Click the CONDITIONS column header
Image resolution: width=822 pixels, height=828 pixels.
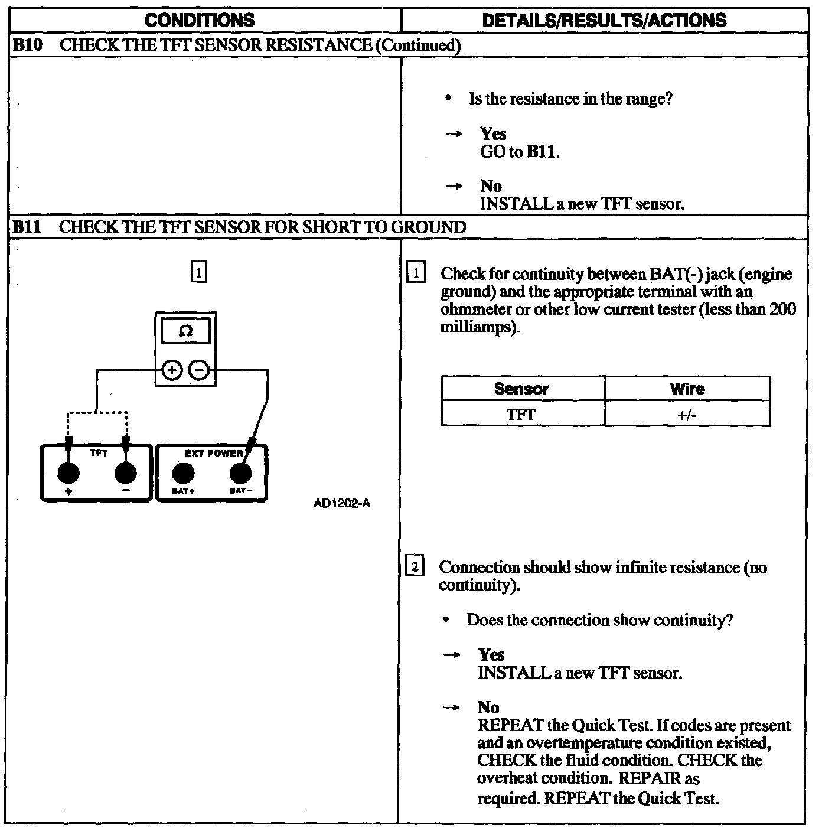tap(200, 21)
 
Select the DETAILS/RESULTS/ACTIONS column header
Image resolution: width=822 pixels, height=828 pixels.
tap(604, 21)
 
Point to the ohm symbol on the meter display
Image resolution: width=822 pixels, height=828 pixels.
tap(185, 331)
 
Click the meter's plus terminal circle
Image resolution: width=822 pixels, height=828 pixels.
tap(172, 371)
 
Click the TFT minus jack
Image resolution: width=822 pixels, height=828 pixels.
tap(125, 474)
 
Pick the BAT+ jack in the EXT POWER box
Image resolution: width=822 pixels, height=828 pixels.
tap(183, 474)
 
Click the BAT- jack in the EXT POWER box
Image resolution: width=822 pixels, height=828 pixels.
tap(240, 474)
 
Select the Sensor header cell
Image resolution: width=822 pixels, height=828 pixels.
tap(522, 389)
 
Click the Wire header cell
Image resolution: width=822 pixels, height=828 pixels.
tap(687, 389)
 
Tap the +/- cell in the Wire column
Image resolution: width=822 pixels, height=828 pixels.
tap(687, 415)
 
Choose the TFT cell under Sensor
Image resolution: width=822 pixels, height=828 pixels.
tap(522, 415)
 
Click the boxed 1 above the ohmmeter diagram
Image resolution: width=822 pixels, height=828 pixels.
tap(200, 273)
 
